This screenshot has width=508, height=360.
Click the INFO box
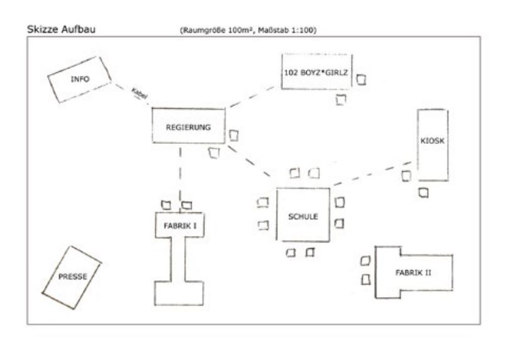click(x=80, y=79)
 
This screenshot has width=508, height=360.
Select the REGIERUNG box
click(x=188, y=126)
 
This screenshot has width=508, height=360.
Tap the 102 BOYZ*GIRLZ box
click(x=316, y=72)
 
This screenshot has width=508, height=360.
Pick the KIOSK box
click(x=433, y=142)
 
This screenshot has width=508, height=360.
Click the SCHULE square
click(x=304, y=215)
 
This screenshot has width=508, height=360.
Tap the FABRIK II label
click(x=413, y=272)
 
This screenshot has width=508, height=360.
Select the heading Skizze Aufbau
click(x=62, y=29)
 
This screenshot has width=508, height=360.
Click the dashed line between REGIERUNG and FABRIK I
click(x=181, y=170)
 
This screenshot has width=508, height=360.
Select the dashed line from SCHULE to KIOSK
click(x=371, y=174)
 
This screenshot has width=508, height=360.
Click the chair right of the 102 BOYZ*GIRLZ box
click(x=362, y=80)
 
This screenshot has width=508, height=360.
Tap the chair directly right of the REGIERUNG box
click(x=234, y=135)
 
